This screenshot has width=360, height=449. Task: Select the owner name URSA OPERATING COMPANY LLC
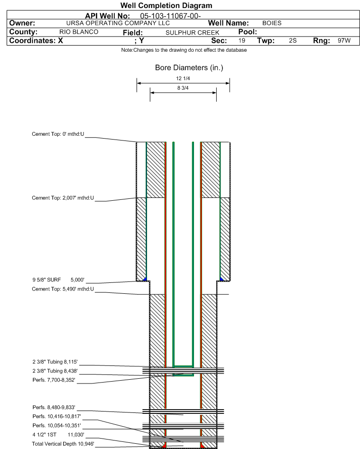pos(118,23)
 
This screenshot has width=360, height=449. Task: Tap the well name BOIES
pos(272,23)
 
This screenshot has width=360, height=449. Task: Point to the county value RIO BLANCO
pos(79,32)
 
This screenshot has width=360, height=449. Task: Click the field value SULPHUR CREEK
pos(193,32)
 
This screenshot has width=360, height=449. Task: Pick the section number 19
pos(242,41)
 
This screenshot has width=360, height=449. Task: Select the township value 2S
pos(293,41)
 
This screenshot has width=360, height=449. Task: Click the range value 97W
pos(344,41)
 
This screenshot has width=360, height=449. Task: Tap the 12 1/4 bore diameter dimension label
pos(183,78)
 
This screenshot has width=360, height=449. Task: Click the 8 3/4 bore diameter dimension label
pos(183,88)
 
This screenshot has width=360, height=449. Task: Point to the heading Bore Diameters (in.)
pos(189,68)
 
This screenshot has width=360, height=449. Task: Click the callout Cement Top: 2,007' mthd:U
pos(63,198)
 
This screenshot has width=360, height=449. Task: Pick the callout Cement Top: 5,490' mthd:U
pos(63,289)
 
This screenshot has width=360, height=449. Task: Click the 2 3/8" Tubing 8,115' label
pos(55,362)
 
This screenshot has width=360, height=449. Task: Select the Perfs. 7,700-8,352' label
pos(54,380)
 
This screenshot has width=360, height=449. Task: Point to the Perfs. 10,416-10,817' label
pos(56,416)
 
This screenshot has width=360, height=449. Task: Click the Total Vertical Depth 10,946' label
pos(63,444)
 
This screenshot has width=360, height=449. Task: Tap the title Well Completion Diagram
pos(166,6)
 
